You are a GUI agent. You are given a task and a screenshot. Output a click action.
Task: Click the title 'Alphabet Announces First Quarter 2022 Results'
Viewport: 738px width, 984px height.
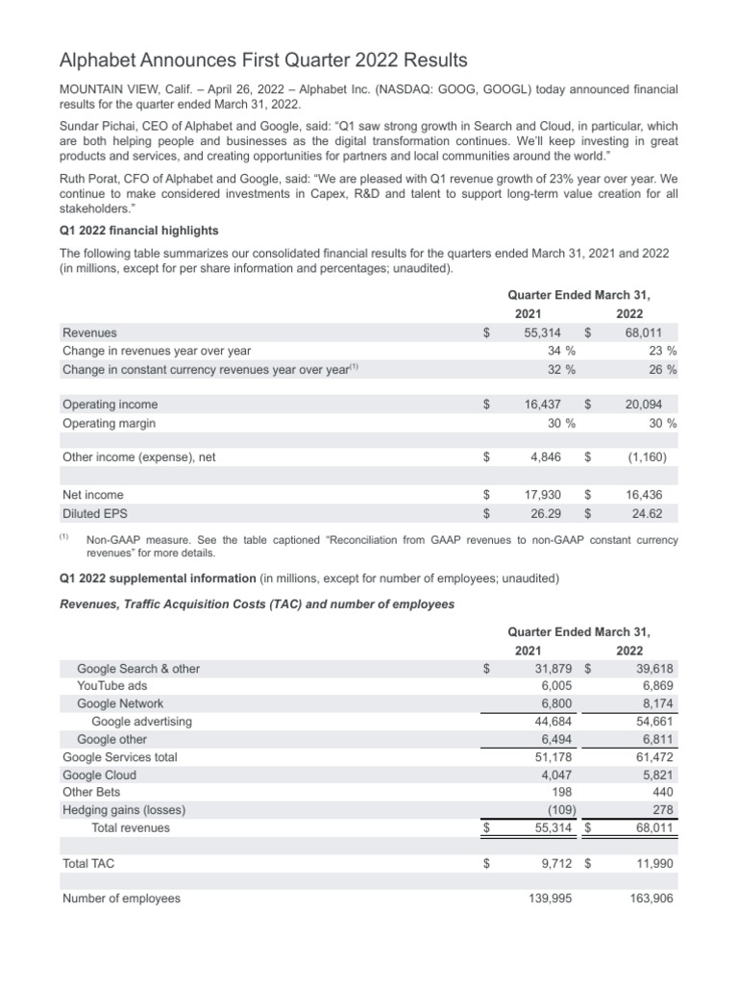point(263,61)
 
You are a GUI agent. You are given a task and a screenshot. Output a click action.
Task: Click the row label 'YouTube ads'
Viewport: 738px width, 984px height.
point(112,686)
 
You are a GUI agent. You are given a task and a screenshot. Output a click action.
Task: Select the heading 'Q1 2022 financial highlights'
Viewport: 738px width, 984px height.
point(139,230)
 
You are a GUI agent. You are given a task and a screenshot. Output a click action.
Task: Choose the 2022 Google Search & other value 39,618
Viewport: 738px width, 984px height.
point(652,669)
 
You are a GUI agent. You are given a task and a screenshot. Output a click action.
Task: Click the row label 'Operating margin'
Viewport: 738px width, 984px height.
point(109,423)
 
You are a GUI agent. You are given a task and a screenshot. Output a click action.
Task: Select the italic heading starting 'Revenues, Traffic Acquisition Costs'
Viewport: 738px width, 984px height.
point(258,603)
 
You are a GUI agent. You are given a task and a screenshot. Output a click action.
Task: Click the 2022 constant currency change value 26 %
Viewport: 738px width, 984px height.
point(661,369)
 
